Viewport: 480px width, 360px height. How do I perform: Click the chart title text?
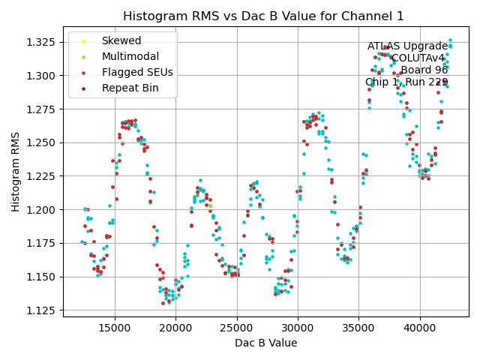tap(263, 16)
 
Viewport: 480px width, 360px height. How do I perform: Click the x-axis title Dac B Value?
tap(265, 343)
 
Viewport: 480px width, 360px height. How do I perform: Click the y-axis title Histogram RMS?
tap(16, 171)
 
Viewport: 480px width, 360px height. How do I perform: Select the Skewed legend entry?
tap(121, 41)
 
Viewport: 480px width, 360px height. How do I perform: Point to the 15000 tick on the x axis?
tap(115, 328)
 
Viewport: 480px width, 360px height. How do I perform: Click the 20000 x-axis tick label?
tap(176, 328)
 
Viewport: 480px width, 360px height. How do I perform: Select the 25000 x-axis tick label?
tap(237, 328)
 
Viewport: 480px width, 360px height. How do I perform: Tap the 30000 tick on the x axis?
tap(298, 328)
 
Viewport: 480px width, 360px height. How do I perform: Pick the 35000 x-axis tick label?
tap(358, 328)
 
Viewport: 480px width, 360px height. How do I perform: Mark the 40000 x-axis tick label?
tap(419, 328)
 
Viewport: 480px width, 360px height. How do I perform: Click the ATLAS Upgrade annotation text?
tap(407, 46)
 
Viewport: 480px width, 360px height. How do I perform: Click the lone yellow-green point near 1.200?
tap(210, 205)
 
